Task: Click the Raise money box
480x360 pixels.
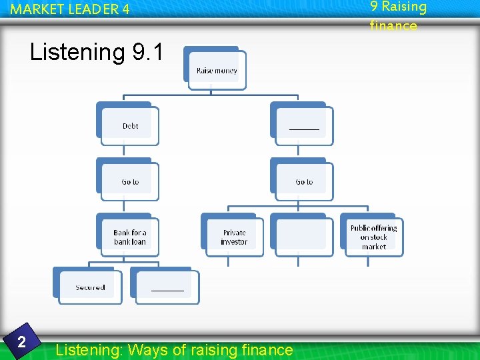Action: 216,69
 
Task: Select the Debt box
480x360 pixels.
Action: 130,125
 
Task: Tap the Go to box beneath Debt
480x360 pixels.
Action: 130,181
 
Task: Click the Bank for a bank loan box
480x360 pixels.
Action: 130,237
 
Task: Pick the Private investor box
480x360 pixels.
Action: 234,237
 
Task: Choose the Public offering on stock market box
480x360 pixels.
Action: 373,237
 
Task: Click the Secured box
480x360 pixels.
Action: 91,287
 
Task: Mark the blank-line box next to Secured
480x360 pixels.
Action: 167,287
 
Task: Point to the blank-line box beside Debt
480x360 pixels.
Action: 304,125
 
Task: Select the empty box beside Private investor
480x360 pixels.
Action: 303,237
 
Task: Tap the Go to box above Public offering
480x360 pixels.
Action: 304,181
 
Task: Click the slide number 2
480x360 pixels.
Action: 21,343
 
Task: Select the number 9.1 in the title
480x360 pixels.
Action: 147,52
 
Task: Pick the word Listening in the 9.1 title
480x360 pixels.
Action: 77,52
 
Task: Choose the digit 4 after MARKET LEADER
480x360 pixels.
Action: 125,10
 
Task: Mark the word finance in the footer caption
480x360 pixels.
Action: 264,349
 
